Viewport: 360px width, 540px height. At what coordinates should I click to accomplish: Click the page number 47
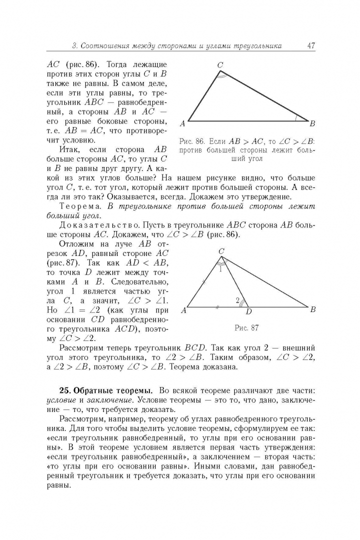coord(310,46)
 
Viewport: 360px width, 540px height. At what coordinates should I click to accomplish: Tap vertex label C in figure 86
coord(220,64)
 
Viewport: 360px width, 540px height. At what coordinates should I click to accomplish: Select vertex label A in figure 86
coord(182,123)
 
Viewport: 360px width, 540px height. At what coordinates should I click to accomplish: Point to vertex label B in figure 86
coord(312,123)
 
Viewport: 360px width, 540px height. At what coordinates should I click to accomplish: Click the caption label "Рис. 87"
coord(246,328)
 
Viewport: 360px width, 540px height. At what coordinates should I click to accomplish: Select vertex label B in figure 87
coord(312,309)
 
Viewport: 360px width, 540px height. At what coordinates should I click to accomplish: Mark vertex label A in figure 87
coord(183,310)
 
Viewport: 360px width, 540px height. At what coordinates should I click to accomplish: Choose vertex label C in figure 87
coord(221,251)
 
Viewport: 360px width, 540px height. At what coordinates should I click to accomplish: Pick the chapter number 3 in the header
coord(74,46)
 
